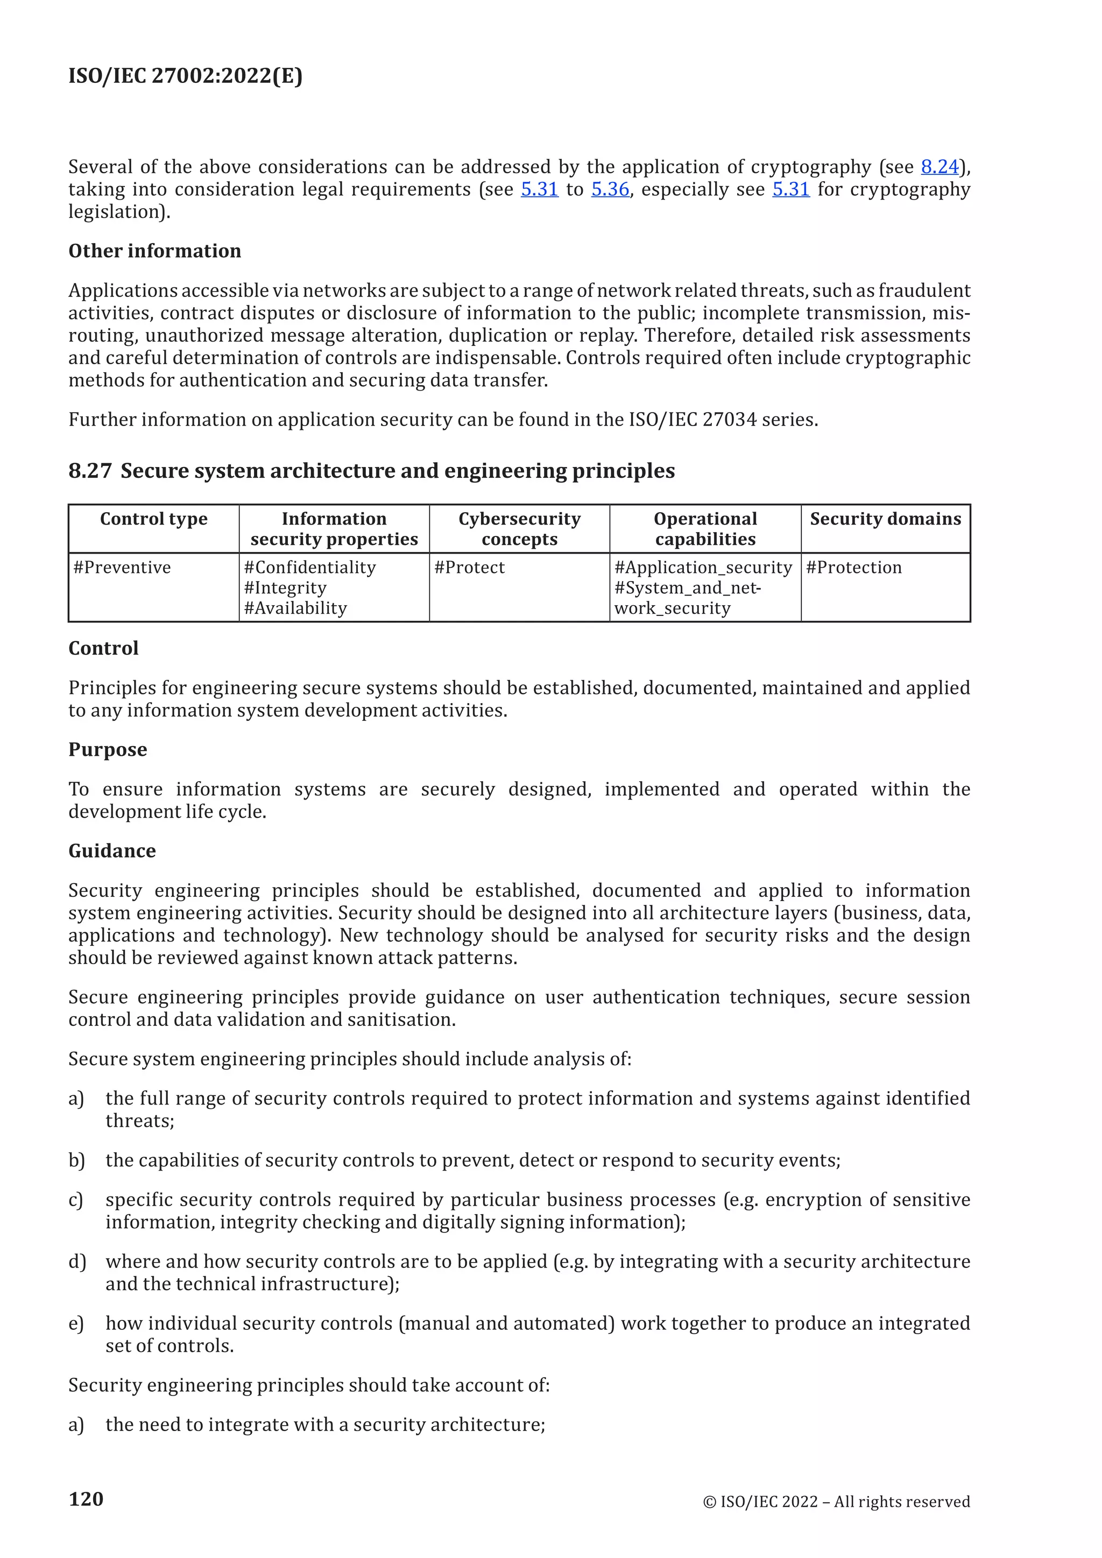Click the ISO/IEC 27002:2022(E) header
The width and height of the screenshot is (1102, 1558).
(185, 75)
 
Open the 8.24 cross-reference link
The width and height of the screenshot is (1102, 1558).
(939, 167)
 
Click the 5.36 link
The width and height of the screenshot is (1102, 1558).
(610, 189)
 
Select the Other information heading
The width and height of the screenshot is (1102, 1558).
(155, 251)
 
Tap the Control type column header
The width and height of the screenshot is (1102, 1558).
(153, 519)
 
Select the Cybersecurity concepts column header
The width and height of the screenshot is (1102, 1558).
(519, 529)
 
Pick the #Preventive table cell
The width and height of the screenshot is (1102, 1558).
(122, 567)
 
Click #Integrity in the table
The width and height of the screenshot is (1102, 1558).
(285, 587)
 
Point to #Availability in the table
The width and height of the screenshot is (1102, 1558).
(295, 608)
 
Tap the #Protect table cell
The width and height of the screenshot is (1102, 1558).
(470, 567)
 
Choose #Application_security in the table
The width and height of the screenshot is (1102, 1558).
(703, 567)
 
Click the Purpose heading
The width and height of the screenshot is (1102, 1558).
(108, 750)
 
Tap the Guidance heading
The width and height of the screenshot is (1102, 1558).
(112, 851)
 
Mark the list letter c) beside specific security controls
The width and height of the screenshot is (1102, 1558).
(76, 1200)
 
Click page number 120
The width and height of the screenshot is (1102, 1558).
(86, 1499)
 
